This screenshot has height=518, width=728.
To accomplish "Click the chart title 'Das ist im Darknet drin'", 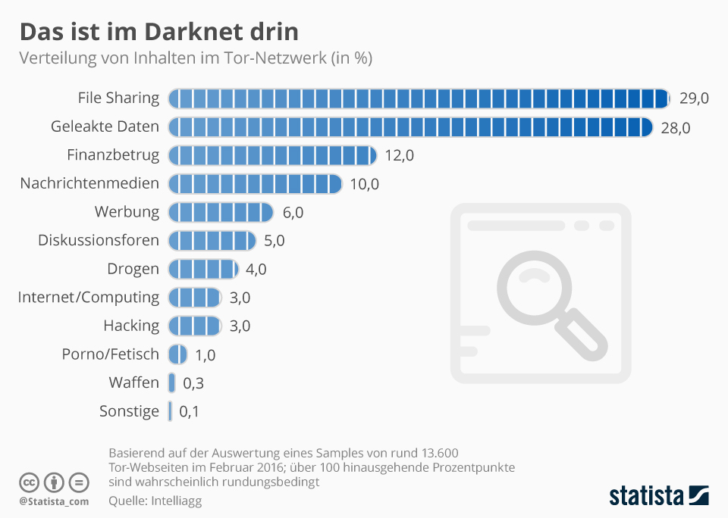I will pyautogui.click(x=158, y=32).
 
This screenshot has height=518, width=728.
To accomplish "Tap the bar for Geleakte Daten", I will pyautogui.click(x=410, y=127).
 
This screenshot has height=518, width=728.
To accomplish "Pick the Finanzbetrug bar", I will pyautogui.click(x=272, y=155).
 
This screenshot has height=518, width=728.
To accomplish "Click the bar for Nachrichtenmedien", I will pyautogui.click(x=255, y=184).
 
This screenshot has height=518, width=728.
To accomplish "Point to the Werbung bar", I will pyautogui.click(x=220, y=212).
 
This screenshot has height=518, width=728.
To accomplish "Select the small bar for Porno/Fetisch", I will pyautogui.click(x=177, y=354).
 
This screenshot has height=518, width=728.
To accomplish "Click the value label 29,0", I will pyautogui.click(x=694, y=98).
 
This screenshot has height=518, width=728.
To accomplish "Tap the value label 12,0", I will pyautogui.click(x=400, y=155).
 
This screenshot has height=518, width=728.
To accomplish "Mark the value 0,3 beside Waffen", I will pyautogui.click(x=193, y=383).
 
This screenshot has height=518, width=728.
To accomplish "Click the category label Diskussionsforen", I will pyautogui.click(x=99, y=241).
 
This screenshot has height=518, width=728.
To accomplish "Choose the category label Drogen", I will pyautogui.click(x=133, y=269).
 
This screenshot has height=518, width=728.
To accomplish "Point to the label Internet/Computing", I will pyautogui.click(x=89, y=297).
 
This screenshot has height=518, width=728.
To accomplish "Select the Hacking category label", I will pyautogui.click(x=131, y=326).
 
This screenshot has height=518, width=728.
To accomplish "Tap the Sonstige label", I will pyautogui.click(x=129, y=411).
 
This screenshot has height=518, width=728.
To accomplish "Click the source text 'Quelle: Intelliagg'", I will pyautogui.click(x=155, y=501).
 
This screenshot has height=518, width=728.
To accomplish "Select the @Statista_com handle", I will pyautogui.click(x=54, y=501).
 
